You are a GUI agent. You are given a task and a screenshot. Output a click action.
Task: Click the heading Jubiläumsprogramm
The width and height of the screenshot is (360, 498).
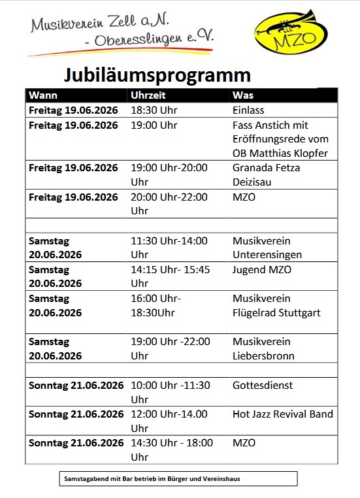(157, 73)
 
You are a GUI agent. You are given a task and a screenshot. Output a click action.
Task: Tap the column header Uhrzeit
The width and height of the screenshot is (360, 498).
(148, 95)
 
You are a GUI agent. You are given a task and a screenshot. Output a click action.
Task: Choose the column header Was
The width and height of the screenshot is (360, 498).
(242, 95)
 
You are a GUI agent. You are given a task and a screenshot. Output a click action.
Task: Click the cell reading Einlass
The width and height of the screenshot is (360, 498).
(248, 110)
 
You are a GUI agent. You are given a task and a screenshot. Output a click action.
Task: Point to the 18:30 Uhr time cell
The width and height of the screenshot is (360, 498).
(154, 110)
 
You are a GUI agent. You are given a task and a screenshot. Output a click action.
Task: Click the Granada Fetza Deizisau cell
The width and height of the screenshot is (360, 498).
(267, 174)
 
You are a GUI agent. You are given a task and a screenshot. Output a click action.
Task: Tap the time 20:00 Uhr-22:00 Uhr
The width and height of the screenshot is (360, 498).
(169, 203)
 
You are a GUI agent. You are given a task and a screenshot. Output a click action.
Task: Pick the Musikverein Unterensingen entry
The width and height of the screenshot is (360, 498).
(267, 248)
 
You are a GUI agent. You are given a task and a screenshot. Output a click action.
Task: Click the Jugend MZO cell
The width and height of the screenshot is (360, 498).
(262, 269)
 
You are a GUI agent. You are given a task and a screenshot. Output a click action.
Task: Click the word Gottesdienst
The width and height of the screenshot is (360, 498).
(263, 385)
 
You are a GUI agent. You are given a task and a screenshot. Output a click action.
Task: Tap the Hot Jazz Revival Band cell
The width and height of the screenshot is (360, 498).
(283, 414)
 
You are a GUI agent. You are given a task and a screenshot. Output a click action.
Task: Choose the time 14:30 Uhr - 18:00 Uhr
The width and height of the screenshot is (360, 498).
(172, 450)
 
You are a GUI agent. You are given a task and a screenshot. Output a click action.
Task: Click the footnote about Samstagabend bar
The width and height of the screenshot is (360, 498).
(152, 479)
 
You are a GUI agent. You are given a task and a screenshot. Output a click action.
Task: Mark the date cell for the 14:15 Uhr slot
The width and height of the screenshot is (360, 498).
(56, 276)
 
